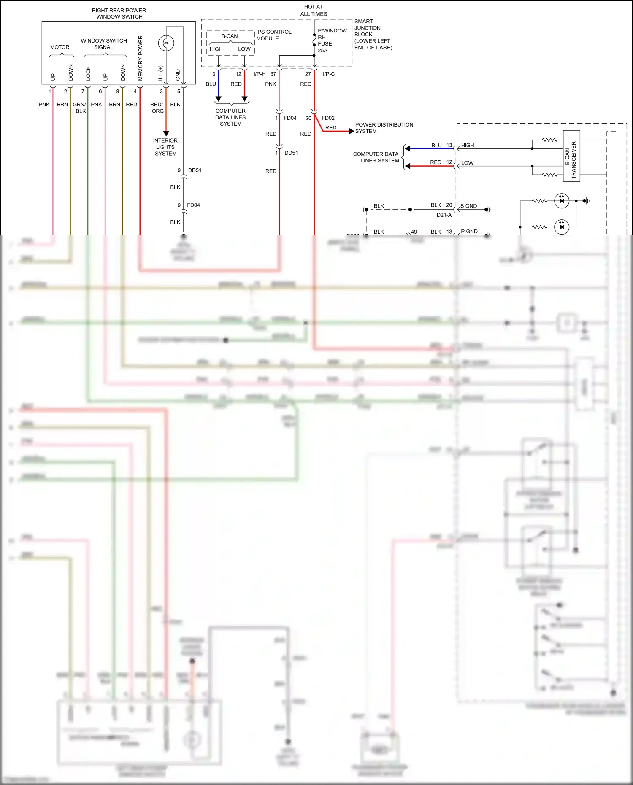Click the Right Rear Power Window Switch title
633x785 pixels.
pyautogui.click(x=119, y=13)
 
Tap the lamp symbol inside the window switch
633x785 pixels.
pyautogui.click(x=166, y=43)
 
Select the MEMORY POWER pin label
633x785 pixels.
pyautogui.click(x=141, y=58)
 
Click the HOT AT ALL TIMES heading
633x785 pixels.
pyautogui.click(x=314, y=10)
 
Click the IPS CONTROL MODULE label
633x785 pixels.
pyautogui.click(x=273, y=35)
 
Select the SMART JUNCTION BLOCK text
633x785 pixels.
pyautogui.click(x=373, y=34)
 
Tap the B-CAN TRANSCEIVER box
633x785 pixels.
pyautogui.click(x=571, y=156)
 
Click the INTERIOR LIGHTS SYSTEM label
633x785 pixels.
pyautogui.click(x=165, y=147)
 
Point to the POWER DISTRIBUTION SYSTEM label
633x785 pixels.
pyautogui.click(x=384, y=128)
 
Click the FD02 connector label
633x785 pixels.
pyautogui.click(x=328, y=118)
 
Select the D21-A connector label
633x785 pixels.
pyautogui.click(x=444, y=215)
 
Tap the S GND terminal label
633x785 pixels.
pyautogui.click(x=468, y=206)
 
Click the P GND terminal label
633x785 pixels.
pyautogui.click(x=469, y=232)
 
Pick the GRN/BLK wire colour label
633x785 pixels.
pyautogui.click(x=79, y=108)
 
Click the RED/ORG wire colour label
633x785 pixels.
pyautogui.click(x=157, y=108)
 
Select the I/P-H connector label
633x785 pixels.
pyautogui.click(x=260, y=74)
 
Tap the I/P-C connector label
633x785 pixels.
pyautogui.click(x=329, y=74)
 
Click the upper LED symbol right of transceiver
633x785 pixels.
pyautogui.click(x=561, y=201)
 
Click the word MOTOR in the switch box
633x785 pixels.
pyautogui.click(x=60, y=47)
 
